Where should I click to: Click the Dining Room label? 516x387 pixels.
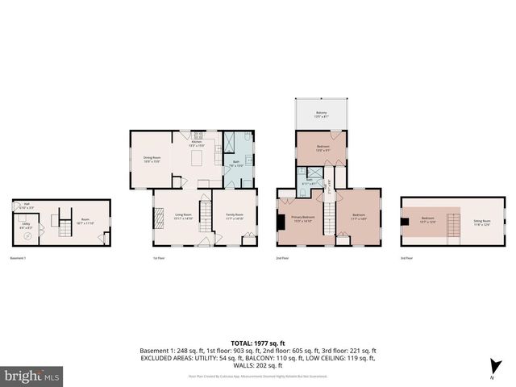point(152,160)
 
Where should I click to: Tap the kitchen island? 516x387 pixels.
point(197,160)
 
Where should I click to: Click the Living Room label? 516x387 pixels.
point(182,216)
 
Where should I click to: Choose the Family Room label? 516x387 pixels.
point(235,216)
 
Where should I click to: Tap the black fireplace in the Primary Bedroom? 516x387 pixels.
point(280,220)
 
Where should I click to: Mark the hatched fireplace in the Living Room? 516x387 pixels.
point(159,217)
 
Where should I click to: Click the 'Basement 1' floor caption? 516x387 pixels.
point(19,259)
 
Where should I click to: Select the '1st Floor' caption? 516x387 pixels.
point(159,259)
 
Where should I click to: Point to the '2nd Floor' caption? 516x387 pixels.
point(282,259)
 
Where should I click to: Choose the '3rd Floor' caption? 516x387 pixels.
point(407,259)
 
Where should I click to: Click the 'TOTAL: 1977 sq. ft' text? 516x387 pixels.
point(257,343)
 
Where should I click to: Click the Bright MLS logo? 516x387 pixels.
point(32,376)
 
